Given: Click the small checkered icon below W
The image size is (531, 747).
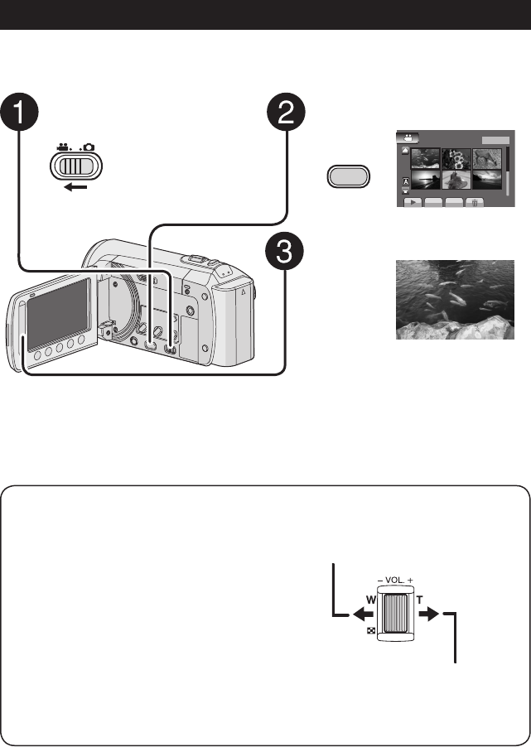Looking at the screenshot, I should (370, 631).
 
